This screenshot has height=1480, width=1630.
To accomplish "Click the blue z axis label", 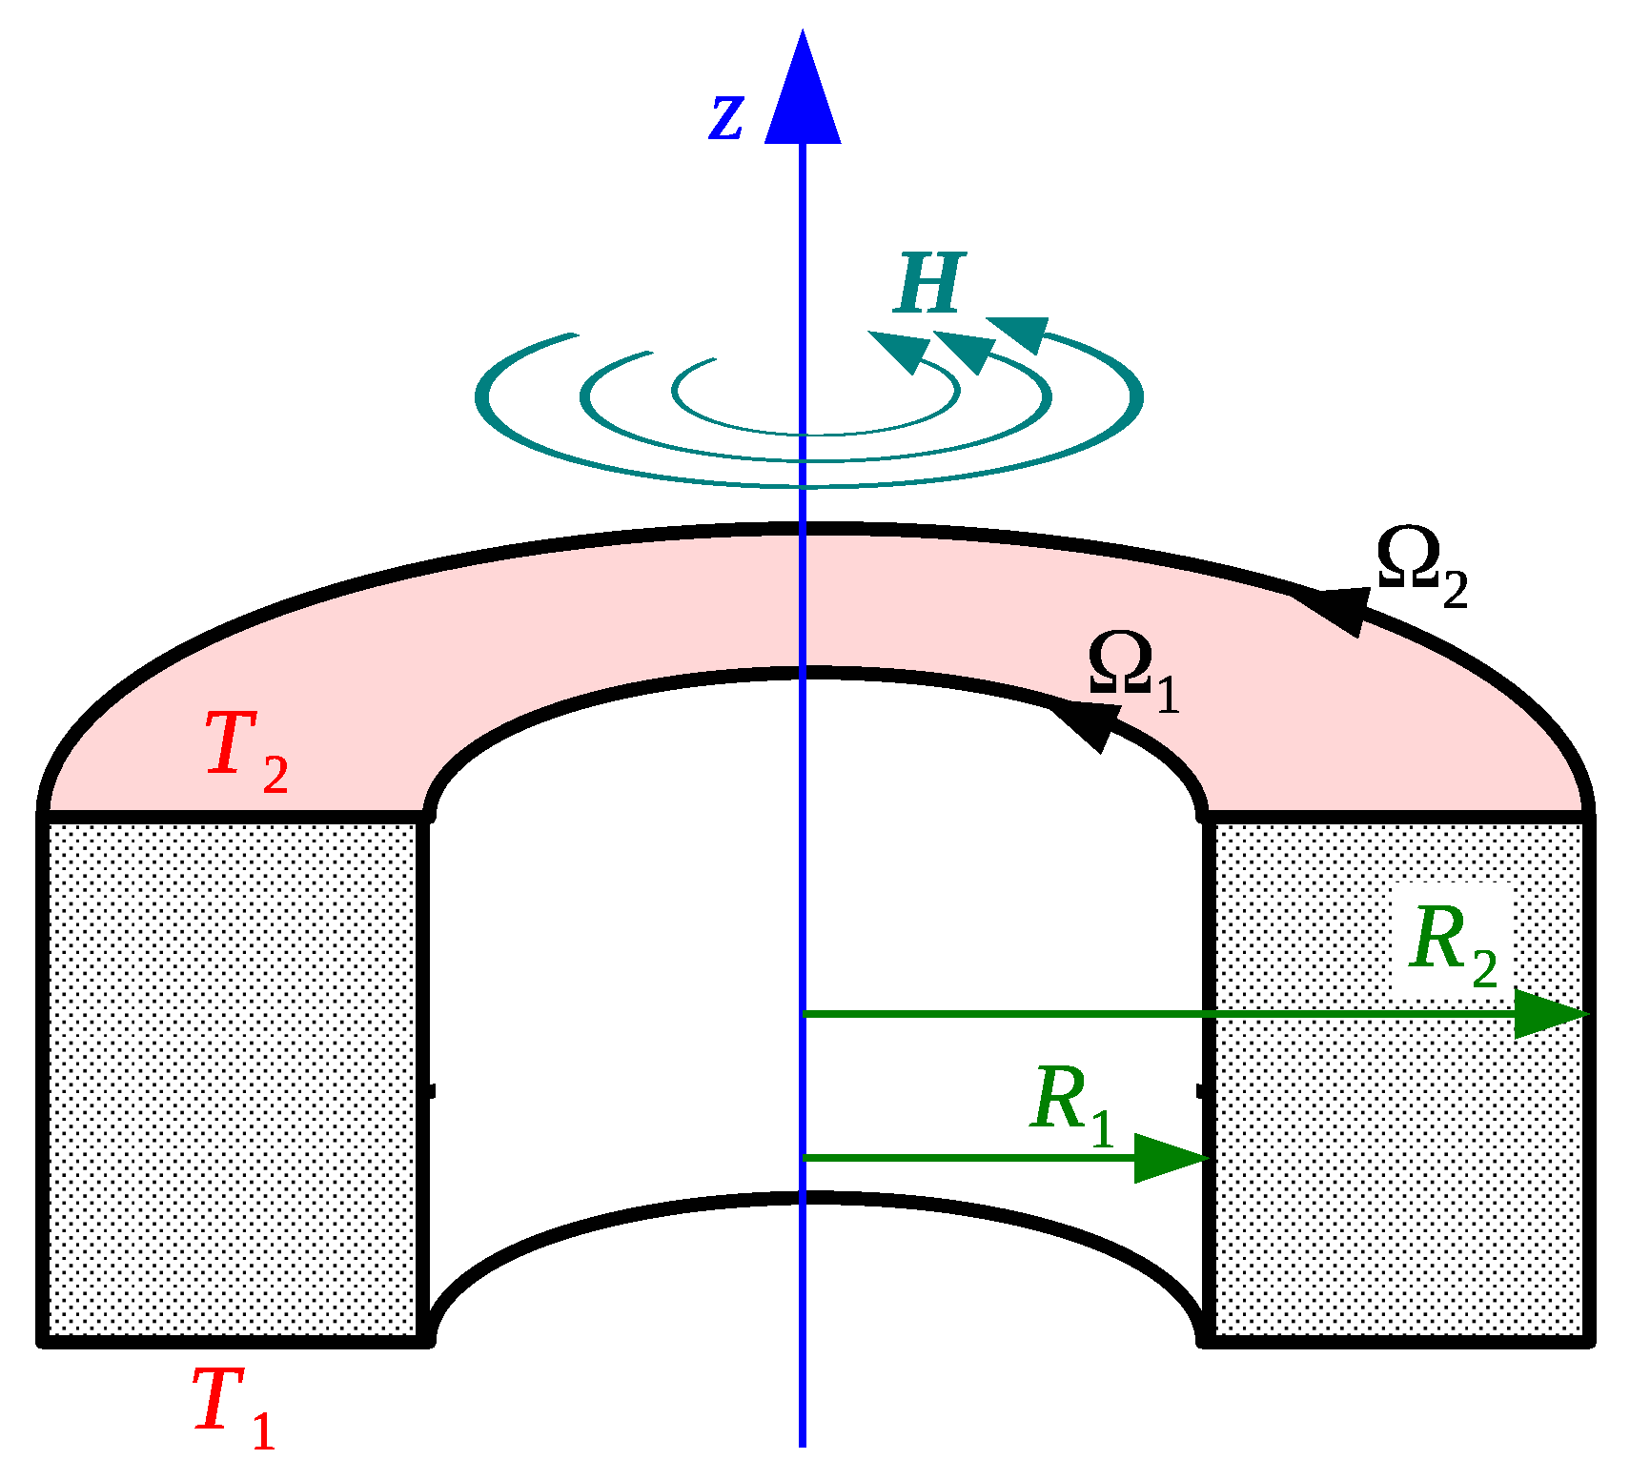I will point(726,118).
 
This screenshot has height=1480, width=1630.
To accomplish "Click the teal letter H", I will point(929,283).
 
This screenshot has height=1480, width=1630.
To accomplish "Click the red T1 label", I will point(233,1406).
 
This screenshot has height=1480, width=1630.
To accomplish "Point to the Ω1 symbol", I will point(1132,671).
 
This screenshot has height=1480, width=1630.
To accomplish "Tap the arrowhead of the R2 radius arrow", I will point(1549,1013).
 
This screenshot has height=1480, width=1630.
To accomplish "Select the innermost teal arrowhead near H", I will point(900,350).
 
